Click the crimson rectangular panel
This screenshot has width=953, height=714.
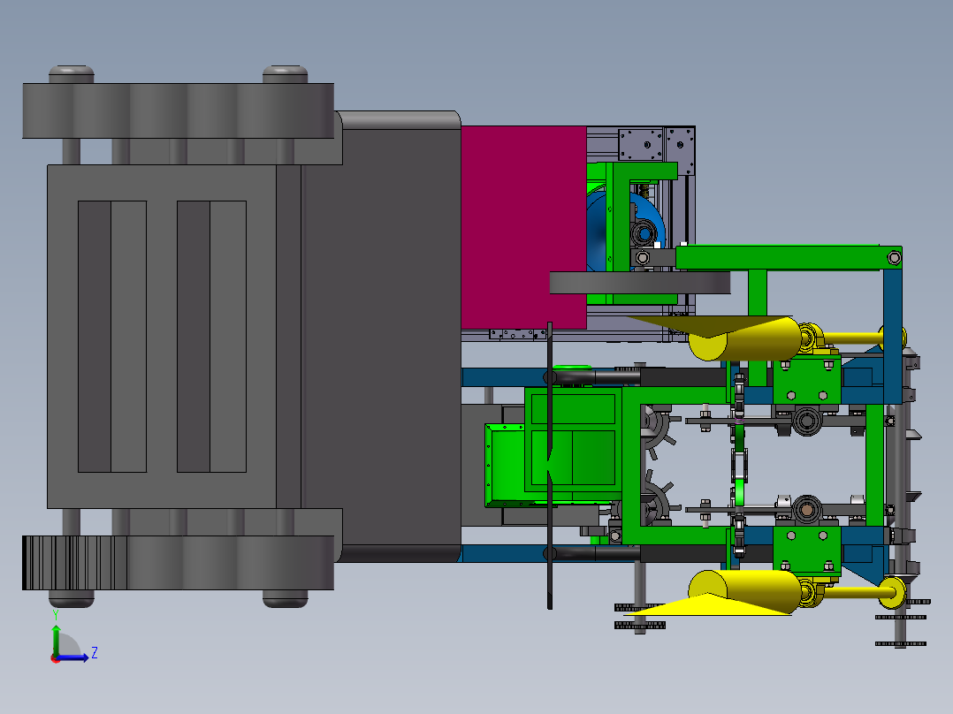pyautogui.click(x=523, y=227)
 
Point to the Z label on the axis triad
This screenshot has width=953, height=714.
pyautogui.click(x=95, y=653)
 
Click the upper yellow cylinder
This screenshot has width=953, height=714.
pyautogui.click(x=745, y=339)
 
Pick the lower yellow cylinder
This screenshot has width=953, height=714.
pyautogui.click(x=745, y=591)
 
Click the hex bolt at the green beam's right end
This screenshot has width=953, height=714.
pyautogui.click(x=894, y=258)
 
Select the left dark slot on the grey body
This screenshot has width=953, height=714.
pyautogui.click(x=95, y=336)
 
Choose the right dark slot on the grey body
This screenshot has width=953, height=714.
pyautogui.click(x=194, y=336)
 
